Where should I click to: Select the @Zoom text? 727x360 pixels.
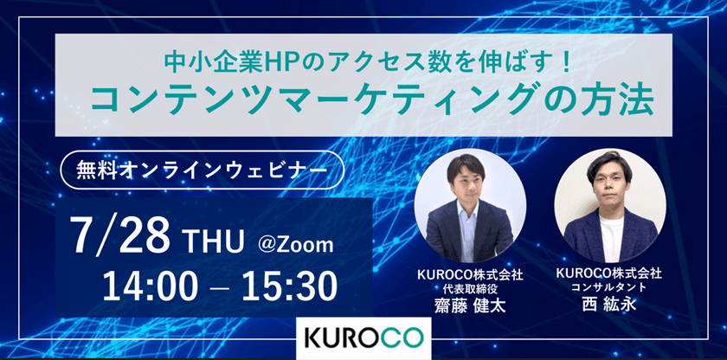296,245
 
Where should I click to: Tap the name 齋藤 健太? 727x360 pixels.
469,307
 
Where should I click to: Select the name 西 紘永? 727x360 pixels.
609,306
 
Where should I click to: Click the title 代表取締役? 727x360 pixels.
469,289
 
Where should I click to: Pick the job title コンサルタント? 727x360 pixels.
609,288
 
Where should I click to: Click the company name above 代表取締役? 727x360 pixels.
469,274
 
